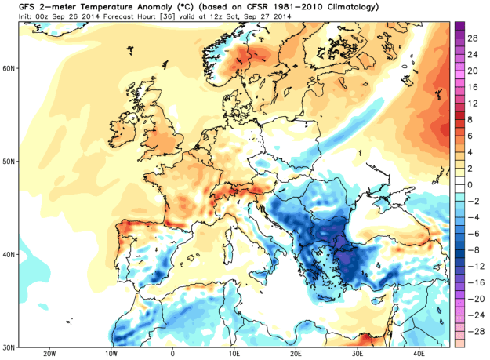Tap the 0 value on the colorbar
[x=473, y=184]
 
